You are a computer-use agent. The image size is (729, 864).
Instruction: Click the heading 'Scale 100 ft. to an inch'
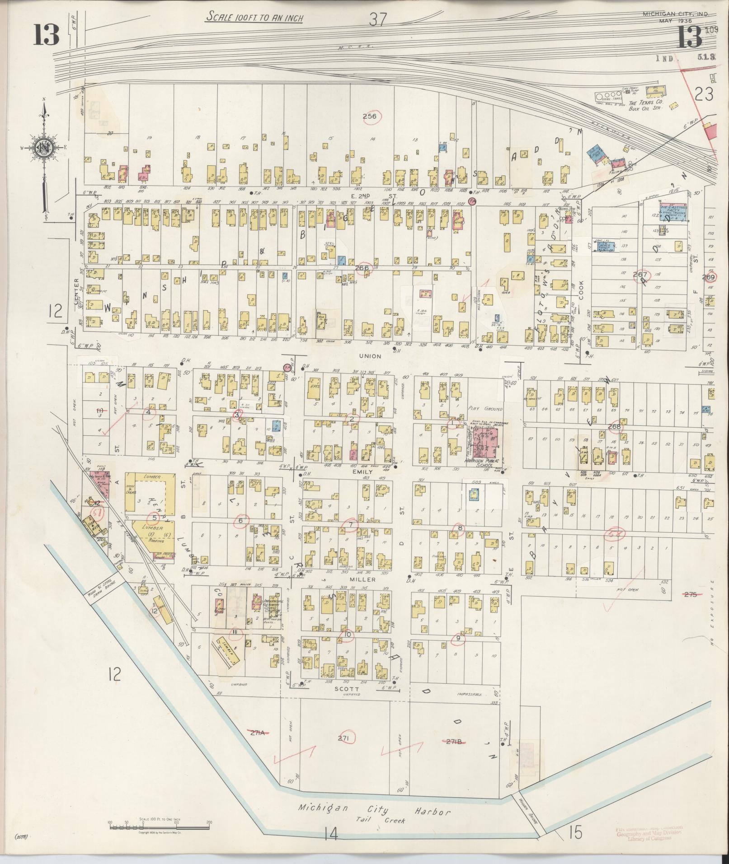click(254, 18)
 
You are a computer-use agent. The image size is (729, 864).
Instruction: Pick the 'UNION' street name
click(370, 356)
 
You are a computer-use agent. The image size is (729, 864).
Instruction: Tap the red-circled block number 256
click(370, 117)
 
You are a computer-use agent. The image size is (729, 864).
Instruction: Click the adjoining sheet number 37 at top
click(378, 19)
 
